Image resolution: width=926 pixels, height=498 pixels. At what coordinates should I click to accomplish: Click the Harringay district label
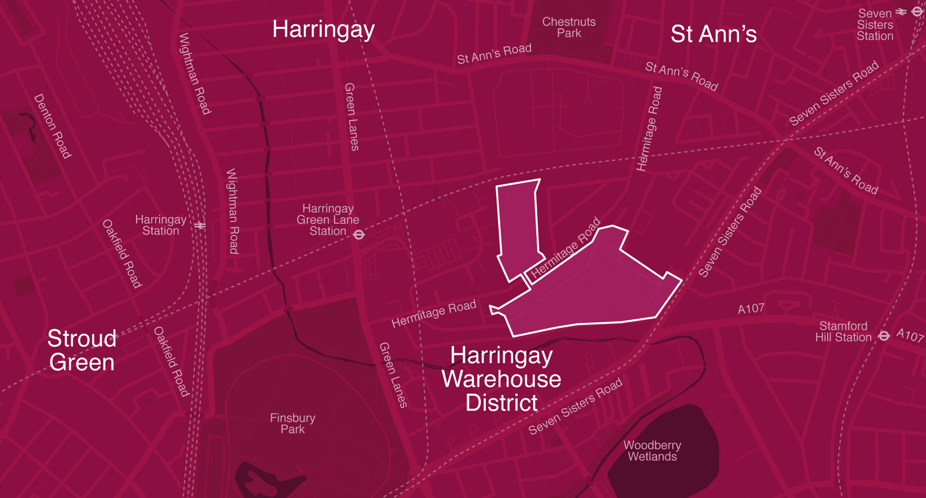323,29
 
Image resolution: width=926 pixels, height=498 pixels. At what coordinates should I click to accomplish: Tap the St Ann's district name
713,34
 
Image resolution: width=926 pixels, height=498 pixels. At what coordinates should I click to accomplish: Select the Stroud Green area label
82,350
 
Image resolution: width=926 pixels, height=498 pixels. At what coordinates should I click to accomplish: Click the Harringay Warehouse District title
501,379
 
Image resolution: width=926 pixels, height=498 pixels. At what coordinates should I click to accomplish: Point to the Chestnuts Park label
569,27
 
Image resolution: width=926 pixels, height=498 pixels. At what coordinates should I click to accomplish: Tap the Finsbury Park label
292,423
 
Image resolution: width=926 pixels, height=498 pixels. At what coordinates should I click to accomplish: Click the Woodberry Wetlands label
652,451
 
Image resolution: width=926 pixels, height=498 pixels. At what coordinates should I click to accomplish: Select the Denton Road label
53,126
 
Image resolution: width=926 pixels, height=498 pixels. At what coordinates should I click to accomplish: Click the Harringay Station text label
160,225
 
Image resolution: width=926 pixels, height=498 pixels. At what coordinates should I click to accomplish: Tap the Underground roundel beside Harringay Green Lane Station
359,234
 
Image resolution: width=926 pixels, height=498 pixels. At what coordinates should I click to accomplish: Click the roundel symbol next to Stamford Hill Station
884,336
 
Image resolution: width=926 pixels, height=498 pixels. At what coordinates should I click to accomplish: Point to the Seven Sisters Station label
875,24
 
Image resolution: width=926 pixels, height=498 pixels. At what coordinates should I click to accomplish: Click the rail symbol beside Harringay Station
200,226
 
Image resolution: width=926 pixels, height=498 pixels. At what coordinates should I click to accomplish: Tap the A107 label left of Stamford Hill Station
751,309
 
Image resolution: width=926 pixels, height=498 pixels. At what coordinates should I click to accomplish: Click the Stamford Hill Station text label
843,332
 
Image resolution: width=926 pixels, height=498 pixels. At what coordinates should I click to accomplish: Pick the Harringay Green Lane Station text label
328,220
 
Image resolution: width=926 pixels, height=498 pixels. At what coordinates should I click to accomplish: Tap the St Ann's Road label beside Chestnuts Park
494,54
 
